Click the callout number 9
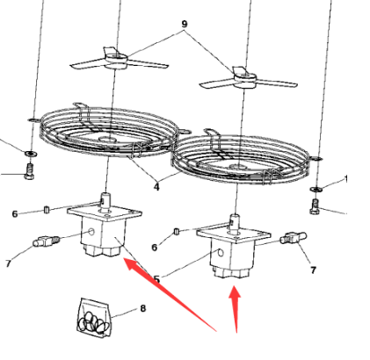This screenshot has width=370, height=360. (x=185, y=24)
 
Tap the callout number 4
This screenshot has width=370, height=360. (x=156, y=187)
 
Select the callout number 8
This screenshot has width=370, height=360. (x=142, y=308)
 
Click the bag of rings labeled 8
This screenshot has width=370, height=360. (x=94, y=318)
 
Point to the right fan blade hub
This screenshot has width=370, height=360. (x=245, y=77)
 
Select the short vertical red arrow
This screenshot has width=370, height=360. (x=236, y=310)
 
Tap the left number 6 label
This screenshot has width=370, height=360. (x=15, y=214)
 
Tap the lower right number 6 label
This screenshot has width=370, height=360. (x=155, y=248)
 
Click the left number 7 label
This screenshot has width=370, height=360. (x=8, y=263)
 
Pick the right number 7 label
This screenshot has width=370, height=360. (x=313, y=270)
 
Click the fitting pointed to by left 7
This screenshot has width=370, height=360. (x=47, y=241)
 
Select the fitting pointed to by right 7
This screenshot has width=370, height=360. (x=294, y=238)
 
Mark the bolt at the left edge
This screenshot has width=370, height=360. (x=29, y=171)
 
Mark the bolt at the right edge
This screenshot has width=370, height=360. (x=315, y=206)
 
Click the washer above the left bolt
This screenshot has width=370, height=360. (x=30, y=153)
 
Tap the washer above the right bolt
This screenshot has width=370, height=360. (x=316, y=189)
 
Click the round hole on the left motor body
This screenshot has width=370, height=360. (x=91, y=232)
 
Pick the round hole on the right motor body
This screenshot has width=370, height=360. (x=221, y=252)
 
